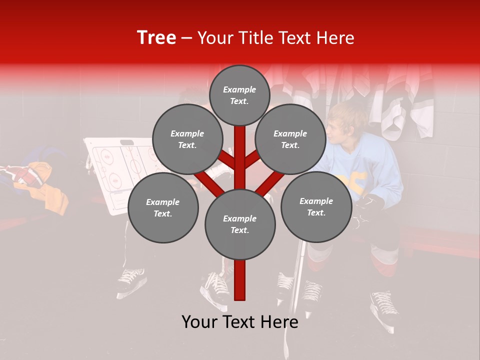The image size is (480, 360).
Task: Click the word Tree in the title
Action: [156, 37]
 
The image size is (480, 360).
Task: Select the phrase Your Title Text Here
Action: [275, 38]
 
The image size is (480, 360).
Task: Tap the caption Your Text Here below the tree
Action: [239, 322]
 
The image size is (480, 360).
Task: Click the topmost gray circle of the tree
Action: [239, 95]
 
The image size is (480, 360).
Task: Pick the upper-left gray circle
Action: [187, 139]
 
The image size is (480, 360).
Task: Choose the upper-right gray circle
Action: [290, 139]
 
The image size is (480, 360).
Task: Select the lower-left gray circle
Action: [163, 207]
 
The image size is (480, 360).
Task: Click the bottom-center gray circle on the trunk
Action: [239, 224]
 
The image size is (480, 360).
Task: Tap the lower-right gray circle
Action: [316, 206]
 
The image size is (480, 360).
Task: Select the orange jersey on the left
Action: [50, 190]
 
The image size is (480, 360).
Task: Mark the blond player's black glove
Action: [370, 205]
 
